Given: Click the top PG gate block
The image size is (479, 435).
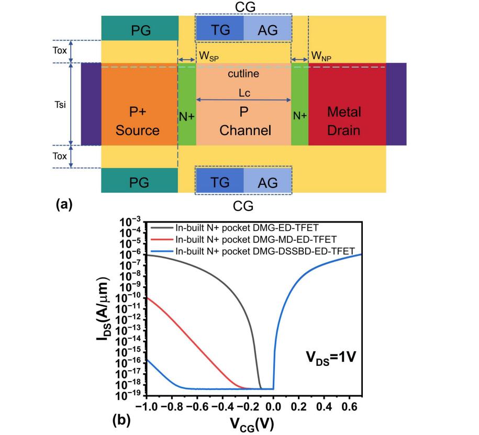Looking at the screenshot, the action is tap(140, 28).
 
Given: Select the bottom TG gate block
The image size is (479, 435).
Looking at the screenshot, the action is tap(220, 180).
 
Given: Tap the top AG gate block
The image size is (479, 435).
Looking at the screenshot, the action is tap(268, 28).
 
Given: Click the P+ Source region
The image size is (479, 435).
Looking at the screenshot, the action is tap(139, 104).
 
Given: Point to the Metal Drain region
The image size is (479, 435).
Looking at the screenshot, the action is tap(347, 104).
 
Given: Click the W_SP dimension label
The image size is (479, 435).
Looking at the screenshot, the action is tap(209, 57).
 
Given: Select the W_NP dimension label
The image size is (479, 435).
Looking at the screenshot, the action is tap(321, 57).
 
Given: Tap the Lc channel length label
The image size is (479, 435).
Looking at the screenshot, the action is tap(244, 93).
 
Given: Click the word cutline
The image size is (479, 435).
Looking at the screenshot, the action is tap(243, 74).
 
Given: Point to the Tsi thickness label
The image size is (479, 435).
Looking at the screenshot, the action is tap(60, 105).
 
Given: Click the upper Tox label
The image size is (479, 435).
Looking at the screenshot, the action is tap(60, 50).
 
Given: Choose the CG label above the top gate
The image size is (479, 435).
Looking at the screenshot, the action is tap(245, 7).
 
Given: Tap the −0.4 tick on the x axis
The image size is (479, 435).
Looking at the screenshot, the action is tap(222, 407).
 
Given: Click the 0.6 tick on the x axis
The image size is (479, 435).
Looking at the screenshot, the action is tap(350, 407).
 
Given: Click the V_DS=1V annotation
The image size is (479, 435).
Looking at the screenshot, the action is tap(331, 357).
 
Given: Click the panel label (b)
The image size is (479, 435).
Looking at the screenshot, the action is tap(121, 421).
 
